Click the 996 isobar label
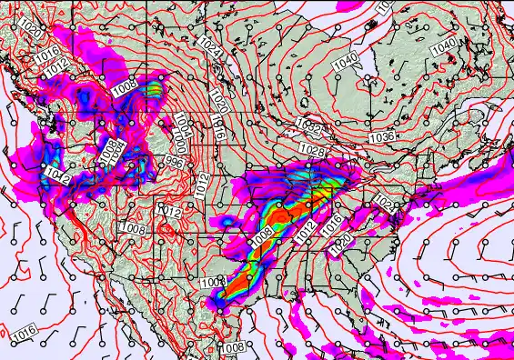[174, 161]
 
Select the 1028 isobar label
[312, 149]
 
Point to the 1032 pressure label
[308, 125]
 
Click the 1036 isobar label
[381, 136]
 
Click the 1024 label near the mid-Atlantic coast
[386, 206]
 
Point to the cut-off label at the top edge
[385, 5]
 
